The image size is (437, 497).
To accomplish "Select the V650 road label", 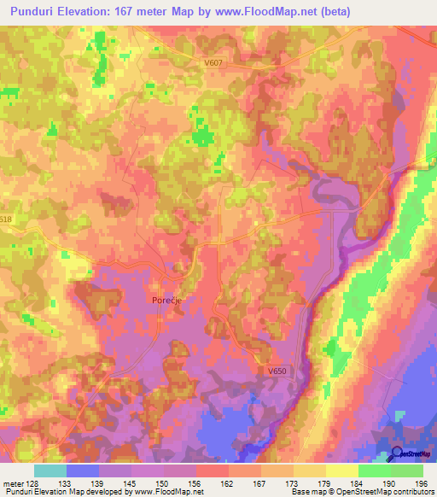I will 275,371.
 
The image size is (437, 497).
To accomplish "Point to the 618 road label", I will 7,219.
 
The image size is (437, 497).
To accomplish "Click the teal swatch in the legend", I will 50,471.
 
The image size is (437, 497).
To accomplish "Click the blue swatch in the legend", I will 83,471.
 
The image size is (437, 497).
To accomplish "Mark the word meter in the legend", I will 12,482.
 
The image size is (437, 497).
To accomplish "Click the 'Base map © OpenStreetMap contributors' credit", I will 362,492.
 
